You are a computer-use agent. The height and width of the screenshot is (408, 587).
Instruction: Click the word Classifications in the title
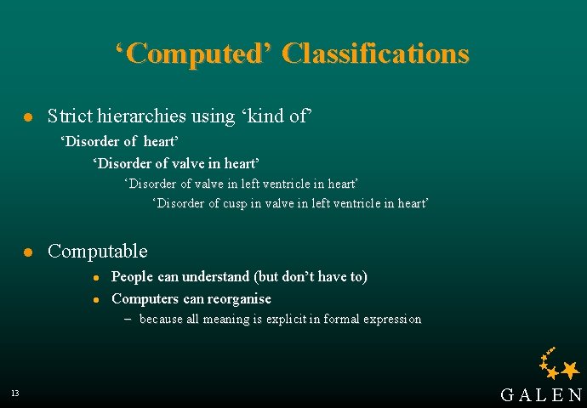point(375,54)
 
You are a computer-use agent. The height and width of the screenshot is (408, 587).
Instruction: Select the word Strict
point(71,116)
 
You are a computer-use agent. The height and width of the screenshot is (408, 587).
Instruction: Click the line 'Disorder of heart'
point(121,140)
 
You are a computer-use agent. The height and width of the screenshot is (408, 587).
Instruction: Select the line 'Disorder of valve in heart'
point(176,162)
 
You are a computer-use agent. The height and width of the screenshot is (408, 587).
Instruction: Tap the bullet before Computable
point(28,252)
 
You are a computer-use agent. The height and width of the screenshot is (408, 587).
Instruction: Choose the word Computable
point(98,252)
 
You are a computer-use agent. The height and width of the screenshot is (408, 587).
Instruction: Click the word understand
point(214,276)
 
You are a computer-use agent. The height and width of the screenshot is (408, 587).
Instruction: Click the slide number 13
point(15,394)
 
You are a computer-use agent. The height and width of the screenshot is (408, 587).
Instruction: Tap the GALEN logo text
point(541,394)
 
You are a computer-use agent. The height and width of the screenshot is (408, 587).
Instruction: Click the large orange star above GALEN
point(571,369)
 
